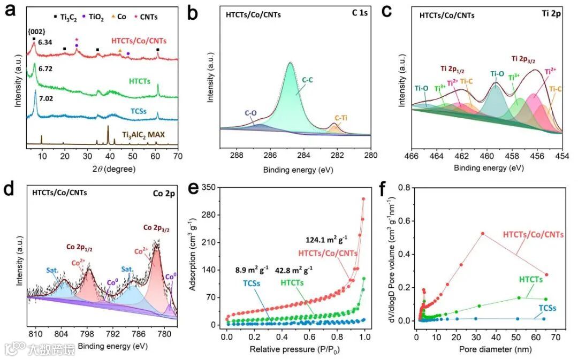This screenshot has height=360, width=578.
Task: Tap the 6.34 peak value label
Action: [x=46, y=42]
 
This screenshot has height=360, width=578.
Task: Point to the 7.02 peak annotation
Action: [x=47, y=98]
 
